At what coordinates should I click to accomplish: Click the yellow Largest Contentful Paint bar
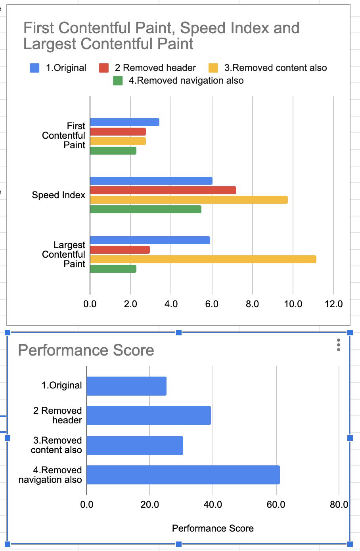[203, 259]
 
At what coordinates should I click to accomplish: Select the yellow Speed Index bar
[189, 200]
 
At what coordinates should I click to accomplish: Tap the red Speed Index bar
[163, 190]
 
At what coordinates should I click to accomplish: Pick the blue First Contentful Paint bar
[124, 122]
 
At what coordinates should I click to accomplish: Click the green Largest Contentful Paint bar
[113, 269]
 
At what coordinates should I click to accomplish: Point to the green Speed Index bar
[146, 209]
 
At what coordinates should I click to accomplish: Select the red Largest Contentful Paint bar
[120, 250]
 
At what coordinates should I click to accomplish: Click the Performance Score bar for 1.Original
[126, 386]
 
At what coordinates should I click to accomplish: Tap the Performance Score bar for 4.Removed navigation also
[183, 475]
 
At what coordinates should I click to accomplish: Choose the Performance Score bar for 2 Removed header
[149, 415]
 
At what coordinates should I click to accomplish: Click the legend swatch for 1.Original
[34, 68]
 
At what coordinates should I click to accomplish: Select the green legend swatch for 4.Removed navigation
[118, 81]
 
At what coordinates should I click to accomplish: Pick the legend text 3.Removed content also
[275, 68]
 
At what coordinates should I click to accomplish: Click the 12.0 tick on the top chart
[333, 304]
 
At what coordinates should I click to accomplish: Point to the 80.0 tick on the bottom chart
[339, 505]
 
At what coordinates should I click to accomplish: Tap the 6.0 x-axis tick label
[212, 304]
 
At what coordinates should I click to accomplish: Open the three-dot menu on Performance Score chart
[338, 345]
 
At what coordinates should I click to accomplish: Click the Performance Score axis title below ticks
[213, 528]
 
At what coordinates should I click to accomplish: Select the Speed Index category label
[58, 195]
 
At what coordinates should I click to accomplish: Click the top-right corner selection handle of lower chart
[350, 333]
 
